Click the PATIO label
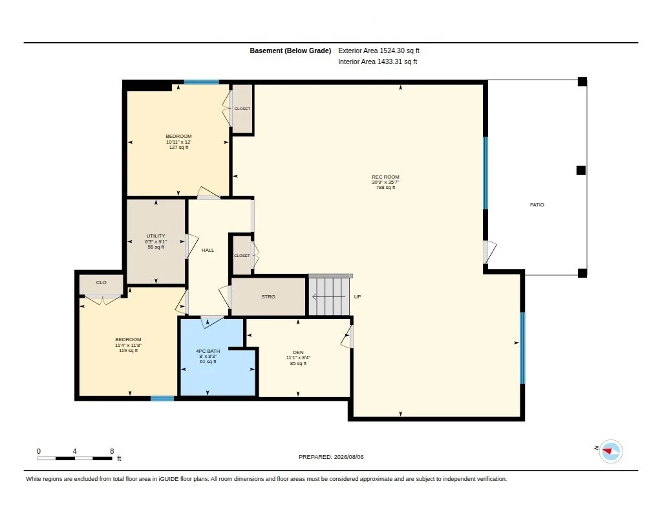coord(537,205)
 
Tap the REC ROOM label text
coord(385,177)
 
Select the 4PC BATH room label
coord(208,351)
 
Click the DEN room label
coord(298,352)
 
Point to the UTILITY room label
coord(156,236)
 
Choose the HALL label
coord(208,250)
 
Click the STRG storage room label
coord(268,297)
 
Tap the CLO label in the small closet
coord(101,282)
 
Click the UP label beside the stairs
coord(357,297)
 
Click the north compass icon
coord(610,451)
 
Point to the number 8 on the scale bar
coord(112,451)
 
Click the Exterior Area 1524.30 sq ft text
coord(378,50)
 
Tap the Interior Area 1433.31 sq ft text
coord(378,61)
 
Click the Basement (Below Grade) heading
coord(290,50)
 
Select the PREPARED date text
coord(331,457)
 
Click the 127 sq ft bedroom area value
coord(178,148)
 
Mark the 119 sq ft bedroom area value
coord(129,350)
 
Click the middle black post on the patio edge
coord(581,170)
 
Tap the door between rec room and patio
coord(490,252)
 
